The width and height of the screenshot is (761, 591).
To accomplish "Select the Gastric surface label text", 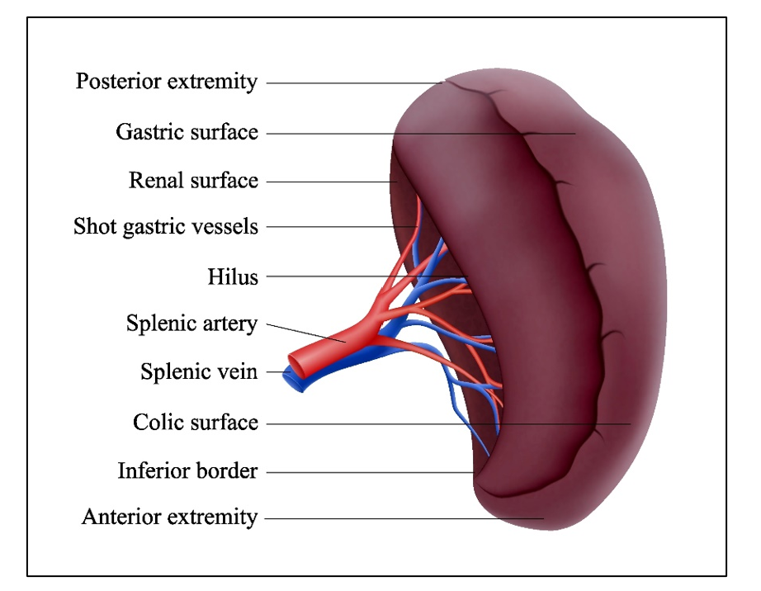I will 187,131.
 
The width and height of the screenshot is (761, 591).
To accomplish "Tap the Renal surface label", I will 193,180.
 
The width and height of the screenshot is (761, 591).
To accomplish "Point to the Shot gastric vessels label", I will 166,226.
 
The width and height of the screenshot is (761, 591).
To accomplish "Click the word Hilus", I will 233,277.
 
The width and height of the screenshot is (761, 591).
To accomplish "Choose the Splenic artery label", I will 192,323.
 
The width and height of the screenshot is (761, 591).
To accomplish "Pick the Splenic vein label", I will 199,372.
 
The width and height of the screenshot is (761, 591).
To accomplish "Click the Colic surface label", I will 196,423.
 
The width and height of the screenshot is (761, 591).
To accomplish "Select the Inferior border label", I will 188,471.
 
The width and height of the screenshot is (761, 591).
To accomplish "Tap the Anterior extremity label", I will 170,518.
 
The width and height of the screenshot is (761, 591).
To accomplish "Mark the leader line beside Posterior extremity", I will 355,83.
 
